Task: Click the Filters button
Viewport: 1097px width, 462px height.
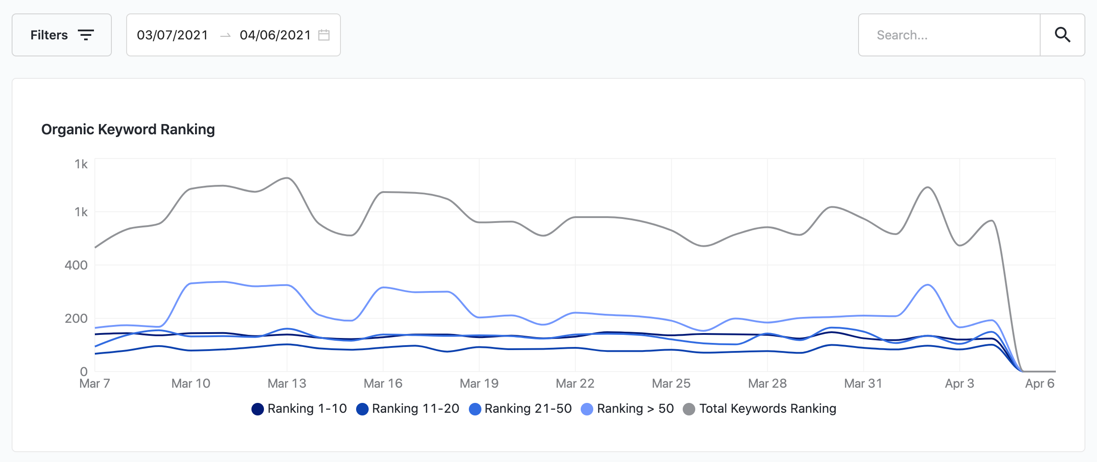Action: [62, 35]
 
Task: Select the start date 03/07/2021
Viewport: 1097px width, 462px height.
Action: [173, 35]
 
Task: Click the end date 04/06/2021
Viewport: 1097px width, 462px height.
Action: [275, 35]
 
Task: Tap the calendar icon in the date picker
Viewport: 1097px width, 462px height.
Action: [324, 35]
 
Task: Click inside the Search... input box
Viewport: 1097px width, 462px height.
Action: [948, 35]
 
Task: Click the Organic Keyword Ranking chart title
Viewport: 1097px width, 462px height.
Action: [128, 129]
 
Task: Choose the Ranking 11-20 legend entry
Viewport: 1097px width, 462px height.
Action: [408, 409]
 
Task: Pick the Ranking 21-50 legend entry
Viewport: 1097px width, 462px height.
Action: [520, 409]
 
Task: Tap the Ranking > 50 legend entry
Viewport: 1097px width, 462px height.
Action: [627, 409]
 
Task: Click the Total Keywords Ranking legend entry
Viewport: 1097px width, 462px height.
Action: [760, 409]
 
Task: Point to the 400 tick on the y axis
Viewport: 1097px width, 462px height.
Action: [76, 265]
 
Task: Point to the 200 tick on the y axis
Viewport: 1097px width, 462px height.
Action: [76, 318]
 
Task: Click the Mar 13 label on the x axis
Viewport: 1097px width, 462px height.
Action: [287, 384]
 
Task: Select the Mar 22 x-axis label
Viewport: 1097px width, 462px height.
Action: [575, 384]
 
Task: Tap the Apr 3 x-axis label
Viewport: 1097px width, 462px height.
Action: [959, 384]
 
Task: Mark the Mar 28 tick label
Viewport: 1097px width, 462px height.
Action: [767, 384]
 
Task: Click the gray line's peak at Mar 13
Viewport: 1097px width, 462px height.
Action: [287, 178]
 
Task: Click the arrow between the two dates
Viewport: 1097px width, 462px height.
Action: [225, 35]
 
